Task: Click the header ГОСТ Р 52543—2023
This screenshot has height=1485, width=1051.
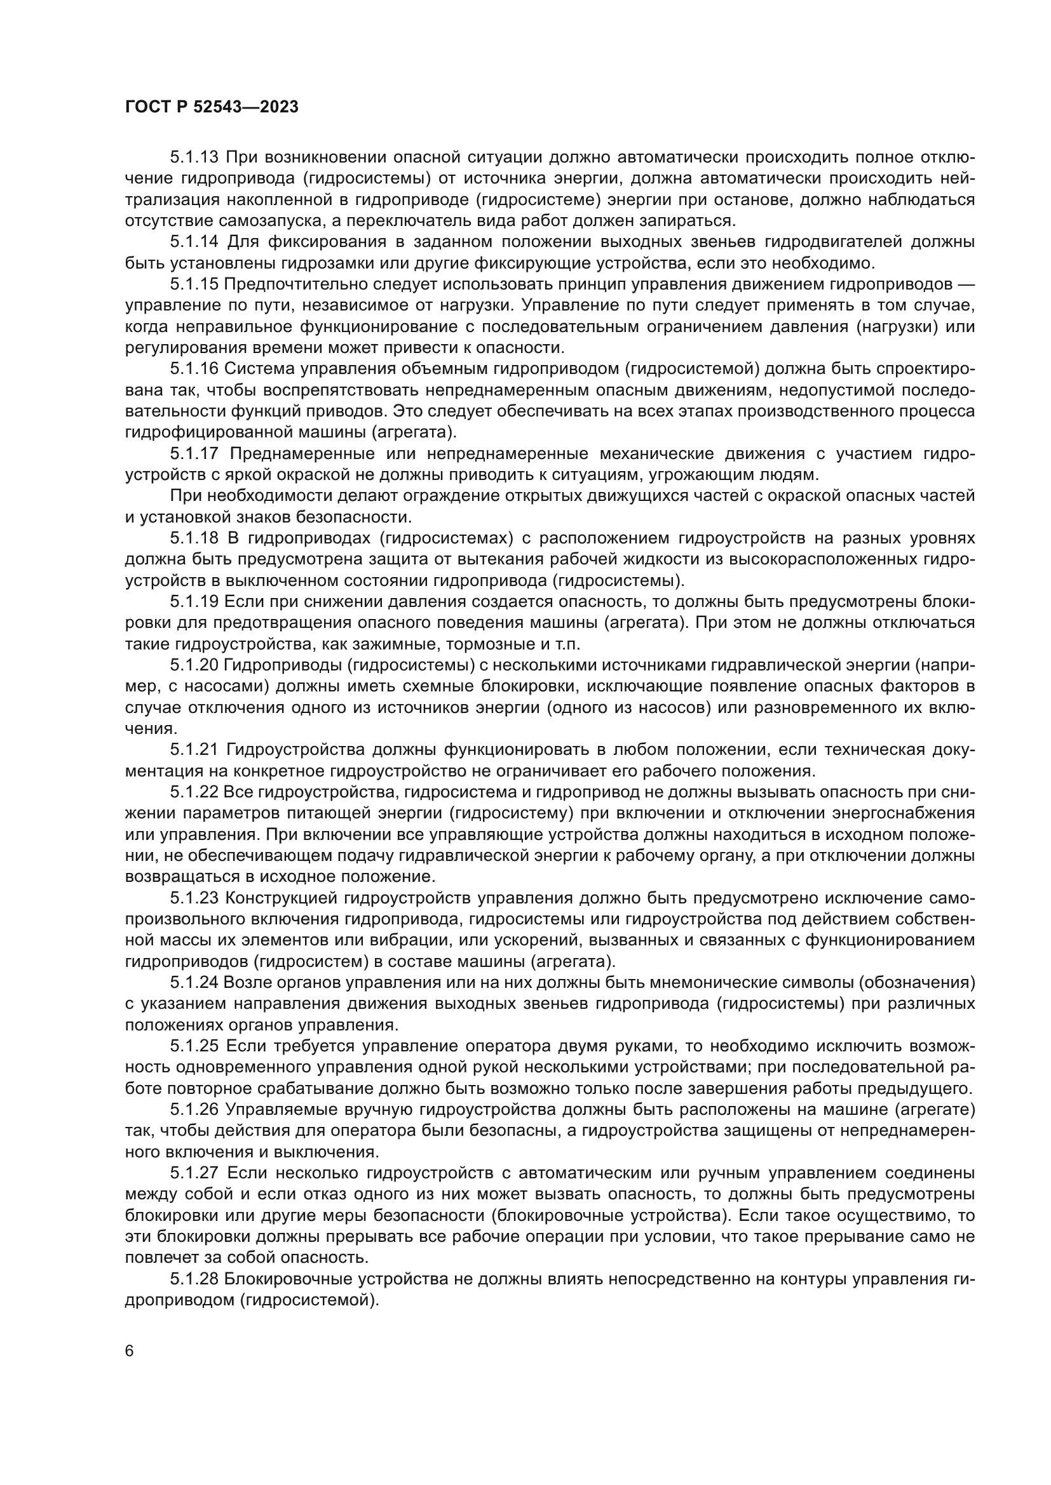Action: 212,107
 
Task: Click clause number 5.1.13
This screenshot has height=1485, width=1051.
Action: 195,157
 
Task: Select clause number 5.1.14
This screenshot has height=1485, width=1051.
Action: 195,242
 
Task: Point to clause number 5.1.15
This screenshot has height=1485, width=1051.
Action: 195,284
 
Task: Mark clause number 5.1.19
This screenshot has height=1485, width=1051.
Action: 195,601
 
